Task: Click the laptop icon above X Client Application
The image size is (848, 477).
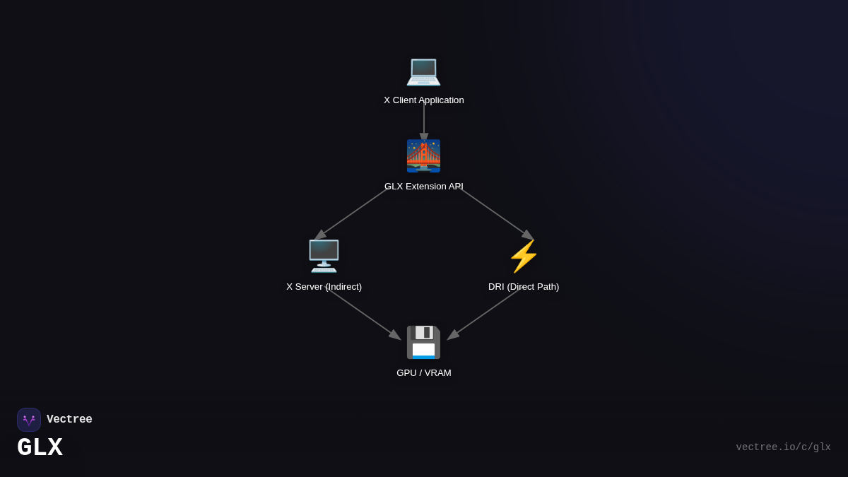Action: point(423,71)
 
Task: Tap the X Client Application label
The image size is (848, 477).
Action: point(424,100)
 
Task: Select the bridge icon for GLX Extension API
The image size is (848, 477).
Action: point(423,156)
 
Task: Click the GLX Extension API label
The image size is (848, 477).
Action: point(424,187)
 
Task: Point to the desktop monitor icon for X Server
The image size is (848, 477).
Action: point(324,256)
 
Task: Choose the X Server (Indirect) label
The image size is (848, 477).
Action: point(324,287)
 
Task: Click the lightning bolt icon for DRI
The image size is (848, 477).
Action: point(524,256)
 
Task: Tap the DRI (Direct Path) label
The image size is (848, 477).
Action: point(524,287)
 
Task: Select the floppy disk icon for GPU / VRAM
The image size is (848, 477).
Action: point(423,343)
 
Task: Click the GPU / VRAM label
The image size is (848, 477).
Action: point(424,373)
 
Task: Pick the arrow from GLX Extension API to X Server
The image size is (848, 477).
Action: point(352,213)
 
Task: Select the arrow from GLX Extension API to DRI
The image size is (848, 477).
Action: point(496,213)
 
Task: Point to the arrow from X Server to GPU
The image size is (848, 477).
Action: point(363,314)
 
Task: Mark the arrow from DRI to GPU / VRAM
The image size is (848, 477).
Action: point(485,314)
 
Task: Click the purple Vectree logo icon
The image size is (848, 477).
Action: point(29,420)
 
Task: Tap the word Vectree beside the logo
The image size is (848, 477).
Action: point(69,420)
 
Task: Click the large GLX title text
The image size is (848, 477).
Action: point(40,448)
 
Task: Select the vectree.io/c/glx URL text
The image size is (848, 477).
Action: point(783,447)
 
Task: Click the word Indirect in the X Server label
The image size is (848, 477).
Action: point(343,287)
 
